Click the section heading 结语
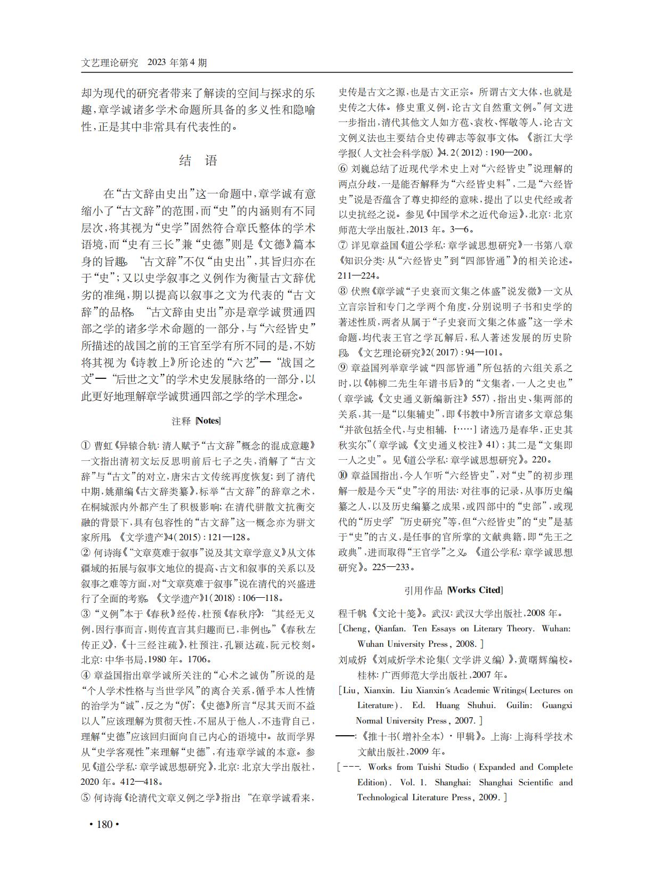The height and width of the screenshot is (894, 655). (x=198, y=161)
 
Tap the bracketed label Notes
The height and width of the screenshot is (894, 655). (x=208, y=421)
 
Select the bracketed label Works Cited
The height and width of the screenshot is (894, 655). (x=475, y=590)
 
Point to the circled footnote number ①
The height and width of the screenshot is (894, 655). (x=86, y=445)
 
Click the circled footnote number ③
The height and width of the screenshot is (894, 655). (x=86, y=614)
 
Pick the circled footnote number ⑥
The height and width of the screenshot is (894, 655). (x=343, y=169)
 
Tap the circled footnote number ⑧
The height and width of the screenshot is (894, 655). (x=343, y=291)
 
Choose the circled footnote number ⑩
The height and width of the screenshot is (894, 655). (x=343, y=475)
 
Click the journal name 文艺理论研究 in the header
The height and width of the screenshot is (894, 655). (x=110, y=62)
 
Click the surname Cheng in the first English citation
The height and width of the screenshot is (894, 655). (x=354, y=629)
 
